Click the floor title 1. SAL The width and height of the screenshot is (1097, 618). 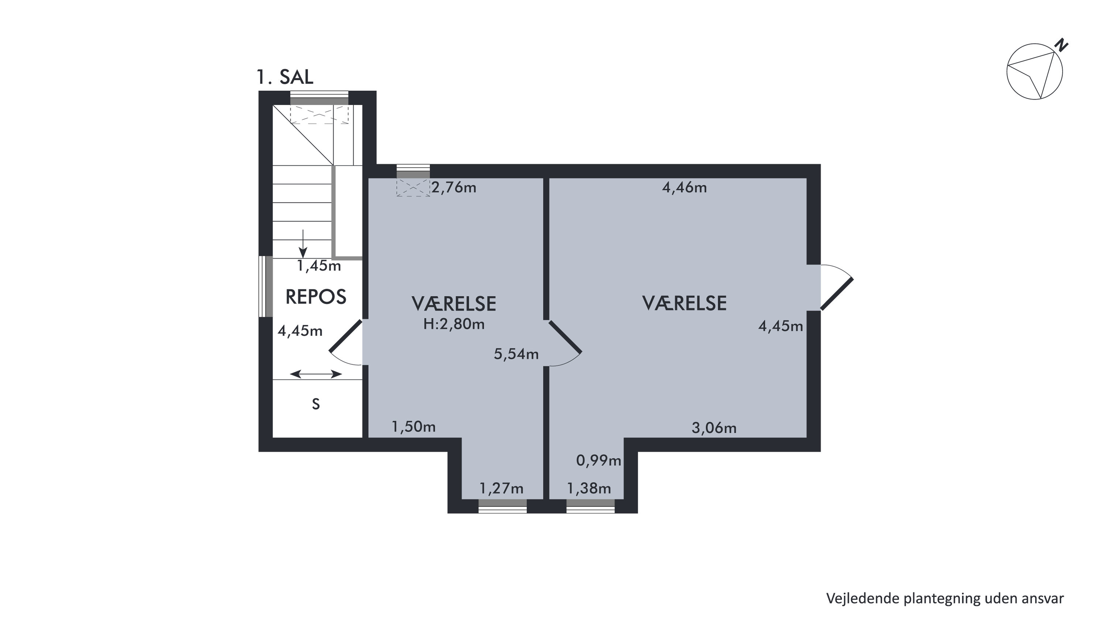[x=285, y=77]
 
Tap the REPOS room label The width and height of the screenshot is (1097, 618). [x=316, y=297]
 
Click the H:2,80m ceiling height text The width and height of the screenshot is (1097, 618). [x=454, y=324]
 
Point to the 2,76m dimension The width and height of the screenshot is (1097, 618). [x=454, y=187]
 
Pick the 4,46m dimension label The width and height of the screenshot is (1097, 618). [x=684, y=187]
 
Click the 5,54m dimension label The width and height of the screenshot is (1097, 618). [x=516, y=354]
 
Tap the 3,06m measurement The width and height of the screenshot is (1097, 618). [x=714, y=428]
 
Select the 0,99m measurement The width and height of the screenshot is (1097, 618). [x=599, y=460]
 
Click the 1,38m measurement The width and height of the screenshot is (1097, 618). [x=589, y=488]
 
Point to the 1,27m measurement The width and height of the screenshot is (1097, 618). [x=501, y=488]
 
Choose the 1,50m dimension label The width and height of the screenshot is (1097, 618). [x=413, y=426]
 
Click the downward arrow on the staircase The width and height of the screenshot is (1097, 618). [x=303, y=244]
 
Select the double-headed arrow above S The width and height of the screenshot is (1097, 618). [x=316, y=374]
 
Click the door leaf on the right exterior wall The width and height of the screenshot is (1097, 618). [x=837, y=294]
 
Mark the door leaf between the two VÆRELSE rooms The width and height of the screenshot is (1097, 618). [x=565, y=337]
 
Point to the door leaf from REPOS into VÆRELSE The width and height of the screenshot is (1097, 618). [x=346, y=336]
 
